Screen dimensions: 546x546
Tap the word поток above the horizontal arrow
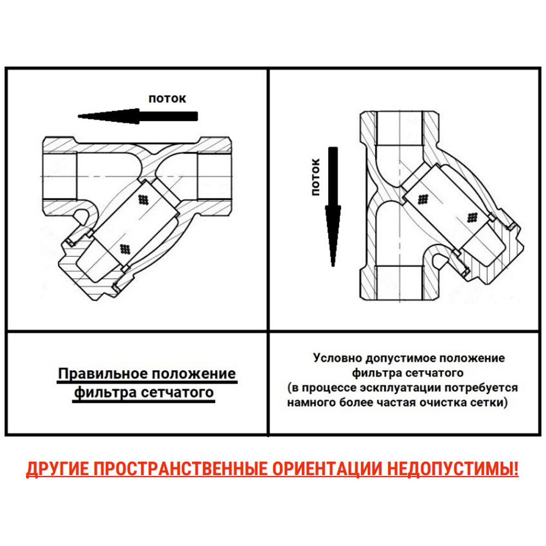click(168, 99)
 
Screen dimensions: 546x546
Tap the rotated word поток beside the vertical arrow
click(315, 176)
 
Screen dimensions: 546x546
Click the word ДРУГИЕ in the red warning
click(57, 469)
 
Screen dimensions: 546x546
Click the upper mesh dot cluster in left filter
click(144, 199)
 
